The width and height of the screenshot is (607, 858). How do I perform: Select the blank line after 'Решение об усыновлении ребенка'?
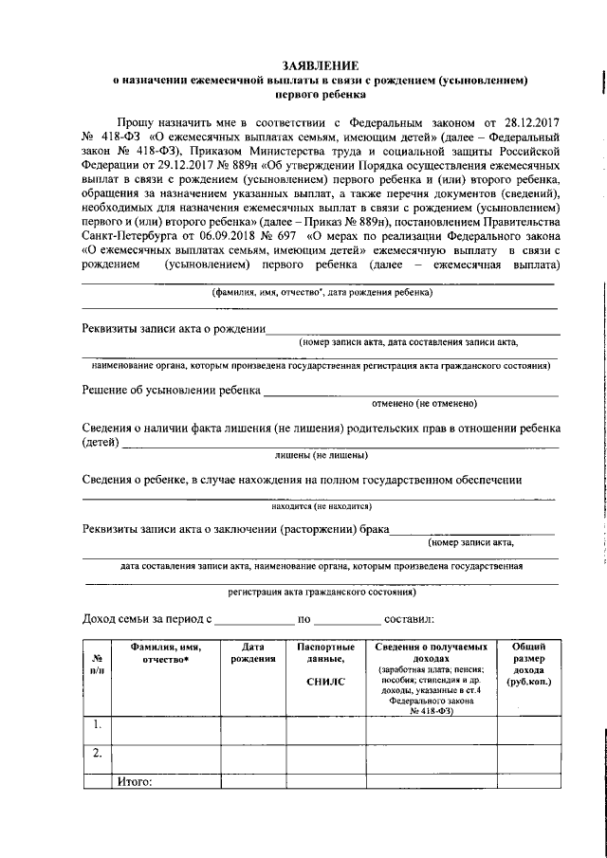point(410,392)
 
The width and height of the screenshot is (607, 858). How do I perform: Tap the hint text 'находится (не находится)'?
point(322,506)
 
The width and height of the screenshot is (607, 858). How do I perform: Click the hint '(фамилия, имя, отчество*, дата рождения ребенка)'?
point(322,293)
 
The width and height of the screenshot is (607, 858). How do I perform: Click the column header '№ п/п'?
point(97,664)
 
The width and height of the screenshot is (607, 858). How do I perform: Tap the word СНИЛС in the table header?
point(325,681)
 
